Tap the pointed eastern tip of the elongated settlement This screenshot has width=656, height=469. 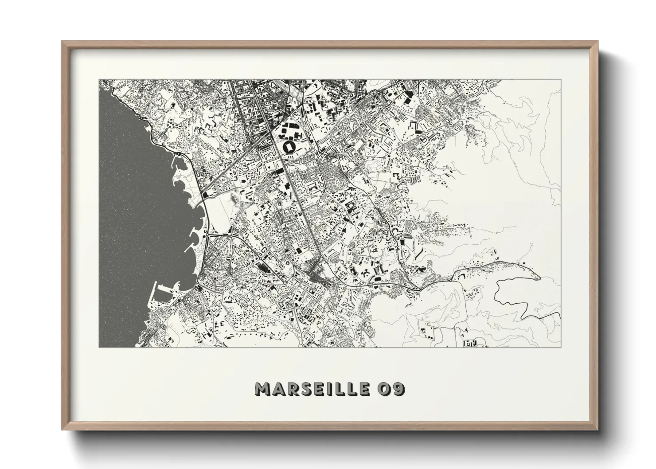[539, 277]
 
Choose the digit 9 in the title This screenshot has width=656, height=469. [398, 389]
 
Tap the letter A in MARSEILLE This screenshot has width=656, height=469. [277, 389]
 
